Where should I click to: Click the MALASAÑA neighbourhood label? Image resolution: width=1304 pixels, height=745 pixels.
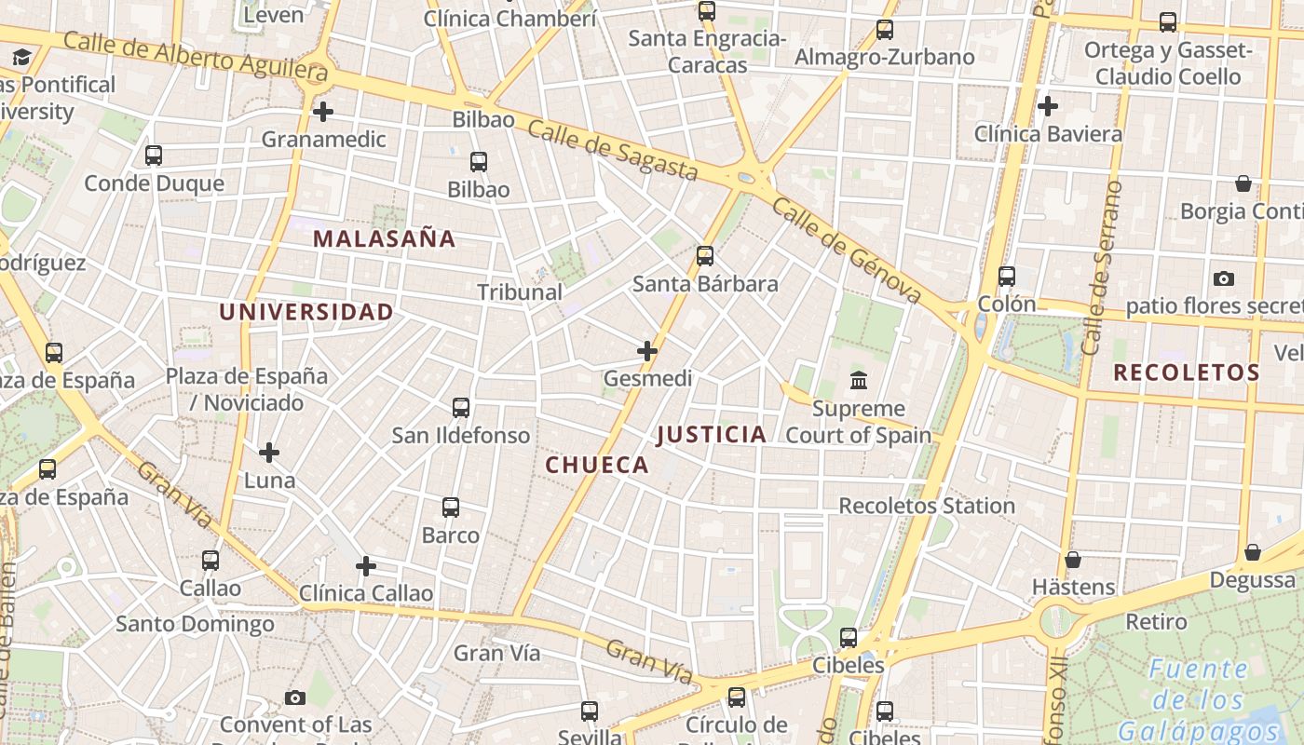click(x=384, y=238)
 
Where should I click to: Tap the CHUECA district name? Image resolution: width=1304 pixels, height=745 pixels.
click(x=596, y=465)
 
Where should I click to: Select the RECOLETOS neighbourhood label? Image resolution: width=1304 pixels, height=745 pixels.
click(x=1186, y=372)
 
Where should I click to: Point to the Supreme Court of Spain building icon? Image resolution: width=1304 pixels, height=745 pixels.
click(x=858, y=380)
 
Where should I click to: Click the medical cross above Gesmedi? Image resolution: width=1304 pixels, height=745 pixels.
click(x=647, y=351)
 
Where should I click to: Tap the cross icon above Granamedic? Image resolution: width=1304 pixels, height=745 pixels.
click(x=323, y=112)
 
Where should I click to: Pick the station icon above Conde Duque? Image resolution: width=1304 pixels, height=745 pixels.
click(x=154, y=156)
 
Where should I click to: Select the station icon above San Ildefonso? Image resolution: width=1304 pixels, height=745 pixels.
click(x=460, y=408)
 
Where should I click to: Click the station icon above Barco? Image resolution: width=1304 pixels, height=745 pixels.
click(x=451, y=508)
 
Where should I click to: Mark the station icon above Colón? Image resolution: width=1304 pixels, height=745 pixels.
click(x=1007, y=277)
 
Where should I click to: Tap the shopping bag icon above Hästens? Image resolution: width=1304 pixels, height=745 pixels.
click(x=1073, y=560)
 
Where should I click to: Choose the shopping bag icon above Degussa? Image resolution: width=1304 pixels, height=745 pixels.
click(x=1253, y=552)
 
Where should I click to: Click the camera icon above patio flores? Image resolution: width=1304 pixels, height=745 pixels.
click(x=1224, y=278)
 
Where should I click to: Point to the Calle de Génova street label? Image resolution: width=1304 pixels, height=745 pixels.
click(x=847, y=251)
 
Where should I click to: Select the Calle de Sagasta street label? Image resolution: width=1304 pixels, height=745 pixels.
click(x=612, y=149)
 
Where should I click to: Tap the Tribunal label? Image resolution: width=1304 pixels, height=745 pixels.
click(x=520, y=292)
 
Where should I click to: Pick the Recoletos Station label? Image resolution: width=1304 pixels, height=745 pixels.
click(x=927, y=506)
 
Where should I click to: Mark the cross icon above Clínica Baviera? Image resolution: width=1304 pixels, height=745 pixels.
click(x=1048, y=106)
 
